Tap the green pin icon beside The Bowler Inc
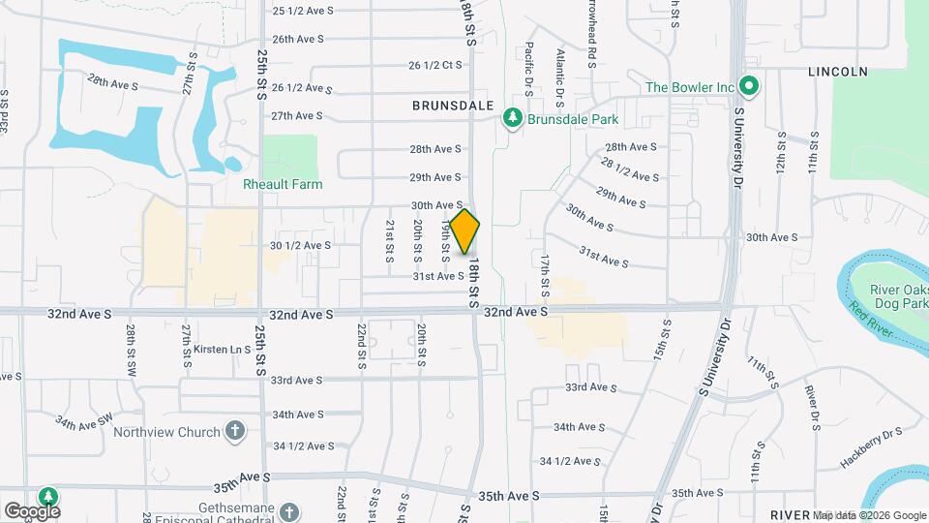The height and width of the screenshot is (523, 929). tap(748, 86)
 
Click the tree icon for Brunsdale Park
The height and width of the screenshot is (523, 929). tap(512, 119)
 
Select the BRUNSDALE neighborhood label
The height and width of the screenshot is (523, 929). tap(453, 105)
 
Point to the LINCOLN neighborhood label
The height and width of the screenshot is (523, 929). tap(838, 72)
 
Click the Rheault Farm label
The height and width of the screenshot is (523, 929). tap(284, 183)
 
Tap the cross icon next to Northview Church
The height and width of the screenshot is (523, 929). tap(234, 431)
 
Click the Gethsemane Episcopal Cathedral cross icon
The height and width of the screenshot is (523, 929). tap(288, 510)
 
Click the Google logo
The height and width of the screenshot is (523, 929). tap(32, 510)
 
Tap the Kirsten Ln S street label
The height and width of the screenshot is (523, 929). tap(222, 349)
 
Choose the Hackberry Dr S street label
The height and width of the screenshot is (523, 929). tap(871, 446)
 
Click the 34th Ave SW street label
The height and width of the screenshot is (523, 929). tap(85, 422)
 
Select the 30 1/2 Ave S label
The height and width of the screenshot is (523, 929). tap(300, 245)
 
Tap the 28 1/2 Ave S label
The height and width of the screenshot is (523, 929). tap(630, 169)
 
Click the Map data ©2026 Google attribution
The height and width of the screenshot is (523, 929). tap(868, 515)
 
